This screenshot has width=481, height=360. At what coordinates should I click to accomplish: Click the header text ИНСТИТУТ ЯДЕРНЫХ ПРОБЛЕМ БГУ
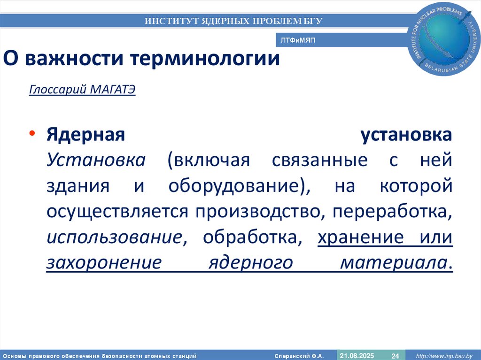(233, 21)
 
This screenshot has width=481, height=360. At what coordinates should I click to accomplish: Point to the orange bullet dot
(32, 135)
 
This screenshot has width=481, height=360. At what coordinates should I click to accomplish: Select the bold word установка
(406, 135)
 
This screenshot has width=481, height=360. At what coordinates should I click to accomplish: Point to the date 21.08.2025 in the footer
(357, 355)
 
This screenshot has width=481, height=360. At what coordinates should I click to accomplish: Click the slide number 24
(395, 355)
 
